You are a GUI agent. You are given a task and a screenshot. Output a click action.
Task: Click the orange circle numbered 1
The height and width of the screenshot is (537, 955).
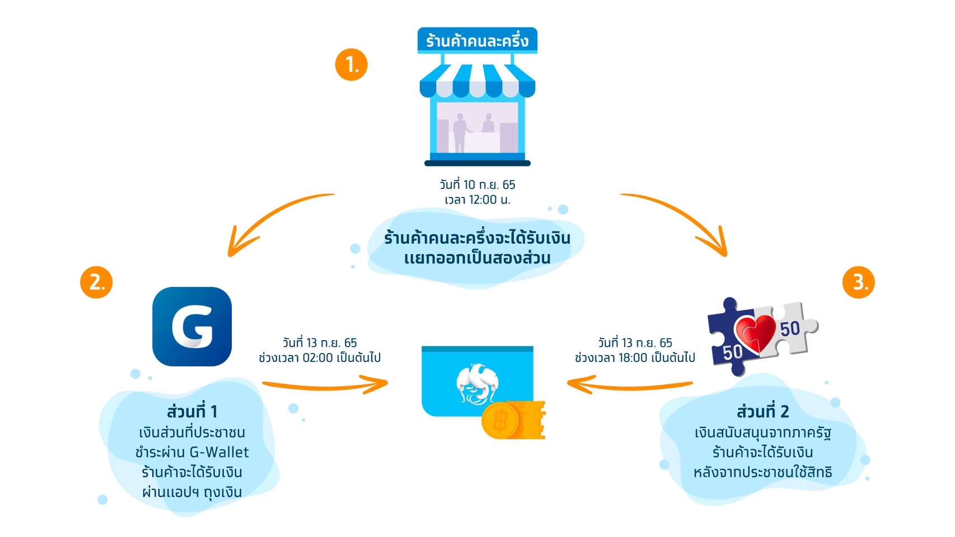click(351, 64)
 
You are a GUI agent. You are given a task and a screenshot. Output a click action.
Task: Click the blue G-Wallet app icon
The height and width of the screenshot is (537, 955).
click(192, 327)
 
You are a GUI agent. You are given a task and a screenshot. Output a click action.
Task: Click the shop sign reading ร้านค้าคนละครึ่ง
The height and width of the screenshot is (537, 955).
click(477, 40)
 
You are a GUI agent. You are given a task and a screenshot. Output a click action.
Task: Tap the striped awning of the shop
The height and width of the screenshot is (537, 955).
click(477, 81)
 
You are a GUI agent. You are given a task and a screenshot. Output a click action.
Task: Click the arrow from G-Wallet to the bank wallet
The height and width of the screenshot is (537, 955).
click(325, 385)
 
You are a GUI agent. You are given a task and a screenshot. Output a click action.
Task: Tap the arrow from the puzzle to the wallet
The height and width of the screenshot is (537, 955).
click(630, 385)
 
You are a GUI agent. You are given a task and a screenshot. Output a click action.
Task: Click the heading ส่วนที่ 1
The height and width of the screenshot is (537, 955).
click(192, 412)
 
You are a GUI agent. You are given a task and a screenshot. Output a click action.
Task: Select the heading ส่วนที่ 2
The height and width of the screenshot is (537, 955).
click(762, 412)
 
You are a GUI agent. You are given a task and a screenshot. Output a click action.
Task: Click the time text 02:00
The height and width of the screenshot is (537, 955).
click(317, 358)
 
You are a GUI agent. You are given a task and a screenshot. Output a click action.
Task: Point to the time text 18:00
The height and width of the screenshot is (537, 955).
click(633, 358)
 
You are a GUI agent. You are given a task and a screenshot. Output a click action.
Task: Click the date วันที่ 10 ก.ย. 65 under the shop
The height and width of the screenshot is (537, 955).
click(477, 185)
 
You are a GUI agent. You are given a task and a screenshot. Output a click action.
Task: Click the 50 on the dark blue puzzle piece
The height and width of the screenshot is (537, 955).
click(732, 352)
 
